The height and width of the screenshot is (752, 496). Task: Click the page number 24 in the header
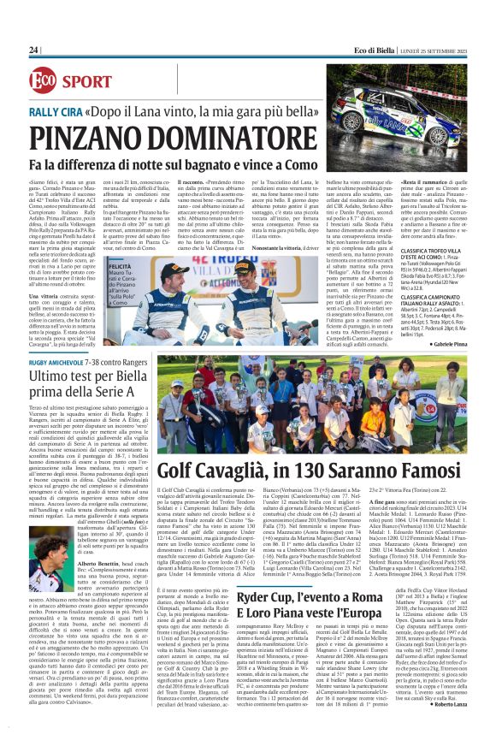tap(34, 50)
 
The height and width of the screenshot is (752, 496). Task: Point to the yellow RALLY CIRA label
tap(53, 112)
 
